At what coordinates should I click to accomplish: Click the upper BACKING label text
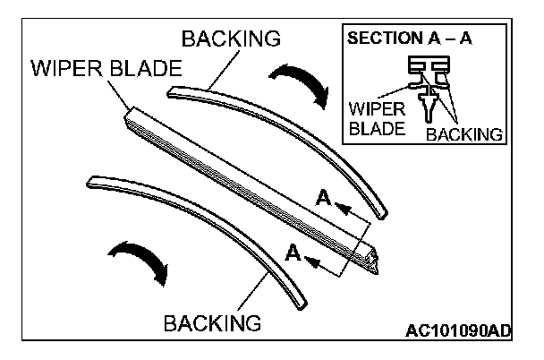[231, 39]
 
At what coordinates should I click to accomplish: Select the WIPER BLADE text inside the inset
[377, 118]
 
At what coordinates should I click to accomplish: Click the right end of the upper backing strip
[383, 213]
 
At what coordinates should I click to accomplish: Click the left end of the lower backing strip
[85, 181]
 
